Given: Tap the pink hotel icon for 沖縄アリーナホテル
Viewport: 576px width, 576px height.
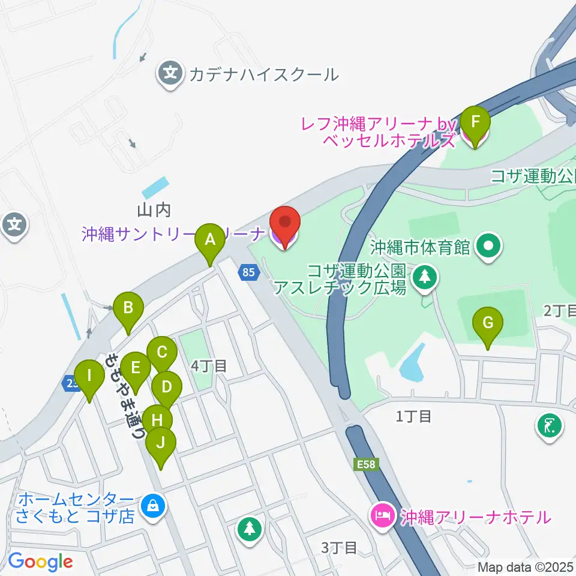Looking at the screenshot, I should [x=383, y=515].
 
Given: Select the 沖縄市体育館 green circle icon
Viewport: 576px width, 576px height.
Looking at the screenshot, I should [x=489, y=247].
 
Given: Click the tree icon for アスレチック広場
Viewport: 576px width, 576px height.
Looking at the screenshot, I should [x=425, y=277].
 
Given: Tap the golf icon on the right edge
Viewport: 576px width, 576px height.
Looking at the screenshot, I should [x=550, y=426].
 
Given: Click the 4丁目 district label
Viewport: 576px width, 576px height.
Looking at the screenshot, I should [x=209, y=366].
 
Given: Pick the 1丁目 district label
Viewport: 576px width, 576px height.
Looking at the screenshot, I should [x=414, y=416].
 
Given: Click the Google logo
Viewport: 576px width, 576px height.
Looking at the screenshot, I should [x=40, y=561].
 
